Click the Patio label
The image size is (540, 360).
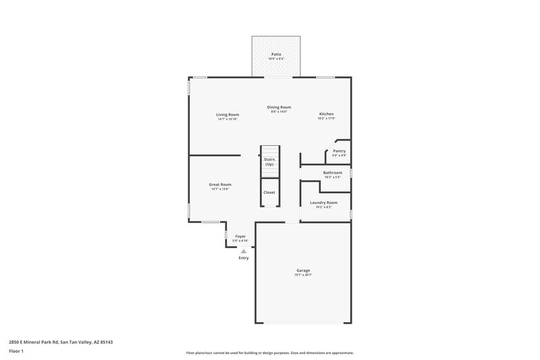click(276, 53)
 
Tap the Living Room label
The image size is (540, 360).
click(227, 114)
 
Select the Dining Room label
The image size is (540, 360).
click(279, 107)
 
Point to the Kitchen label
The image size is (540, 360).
click(326, 114)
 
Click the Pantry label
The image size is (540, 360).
click(339, 151)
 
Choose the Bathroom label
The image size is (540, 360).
click(332, 172)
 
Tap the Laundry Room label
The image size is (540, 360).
click(323, 202)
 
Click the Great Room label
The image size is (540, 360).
click(220, 184)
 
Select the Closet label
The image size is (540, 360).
click(269, 192)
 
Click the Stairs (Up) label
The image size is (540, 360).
click(269, 162)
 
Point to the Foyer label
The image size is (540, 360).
click(240, 236)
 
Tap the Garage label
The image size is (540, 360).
click(303, 270)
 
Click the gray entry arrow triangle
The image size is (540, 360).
click(244, 251)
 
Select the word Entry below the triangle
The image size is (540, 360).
click(244, 258)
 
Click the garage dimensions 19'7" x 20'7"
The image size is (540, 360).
click(303, 275)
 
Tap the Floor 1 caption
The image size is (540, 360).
click(16, 351)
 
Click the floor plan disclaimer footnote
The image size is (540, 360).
click(269, 353)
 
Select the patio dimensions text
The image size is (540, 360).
click(276, 59)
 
